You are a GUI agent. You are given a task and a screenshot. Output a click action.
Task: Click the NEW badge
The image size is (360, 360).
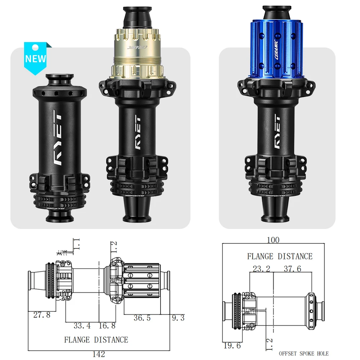36,58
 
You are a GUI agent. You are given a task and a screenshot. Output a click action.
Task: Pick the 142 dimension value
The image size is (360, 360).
99,354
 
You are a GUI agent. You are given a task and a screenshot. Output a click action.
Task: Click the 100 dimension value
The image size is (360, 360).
273,240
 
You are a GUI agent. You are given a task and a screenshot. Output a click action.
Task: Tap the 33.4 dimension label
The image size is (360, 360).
82,326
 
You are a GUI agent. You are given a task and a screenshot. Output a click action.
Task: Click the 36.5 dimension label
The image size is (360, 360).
142,318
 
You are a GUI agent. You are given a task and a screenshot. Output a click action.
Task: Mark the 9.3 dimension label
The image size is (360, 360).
178,318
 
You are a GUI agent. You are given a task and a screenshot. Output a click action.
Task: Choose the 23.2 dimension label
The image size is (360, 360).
261,269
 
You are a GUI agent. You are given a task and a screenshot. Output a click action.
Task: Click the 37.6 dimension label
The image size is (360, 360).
292,269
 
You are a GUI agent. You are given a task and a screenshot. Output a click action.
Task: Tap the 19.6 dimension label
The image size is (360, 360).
232,345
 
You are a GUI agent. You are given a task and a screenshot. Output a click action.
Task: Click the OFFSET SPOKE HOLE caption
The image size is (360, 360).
304,354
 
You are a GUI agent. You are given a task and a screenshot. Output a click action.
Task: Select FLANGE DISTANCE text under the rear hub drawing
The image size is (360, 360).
96,339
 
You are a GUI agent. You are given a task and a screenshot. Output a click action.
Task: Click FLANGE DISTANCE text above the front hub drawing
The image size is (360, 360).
280,256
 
